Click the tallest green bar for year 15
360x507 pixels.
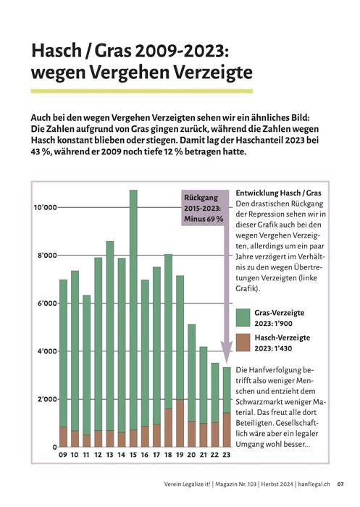(133, 310)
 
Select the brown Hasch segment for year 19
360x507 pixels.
(180, 423)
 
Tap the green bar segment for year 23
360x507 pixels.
(227, 390)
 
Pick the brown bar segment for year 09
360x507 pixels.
(63, 437)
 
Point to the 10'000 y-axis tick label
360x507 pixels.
(46, 207)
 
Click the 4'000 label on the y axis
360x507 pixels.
(47, 351)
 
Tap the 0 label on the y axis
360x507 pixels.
(54, 447)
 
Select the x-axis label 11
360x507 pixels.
(86, 455)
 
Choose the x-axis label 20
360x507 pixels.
(191, 455)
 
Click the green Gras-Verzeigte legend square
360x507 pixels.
(243, 317)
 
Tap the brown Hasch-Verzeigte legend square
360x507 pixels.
(243, 343)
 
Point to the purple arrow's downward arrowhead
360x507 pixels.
(227, 353)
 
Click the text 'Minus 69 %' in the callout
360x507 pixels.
(204, 219)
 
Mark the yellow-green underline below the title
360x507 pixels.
(142, 91)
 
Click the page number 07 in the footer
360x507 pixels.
(340, 484)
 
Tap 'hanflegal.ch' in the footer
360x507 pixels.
(314, 484)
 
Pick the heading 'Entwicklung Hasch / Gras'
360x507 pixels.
(278, 193)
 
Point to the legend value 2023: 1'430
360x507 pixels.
(273, 348)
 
